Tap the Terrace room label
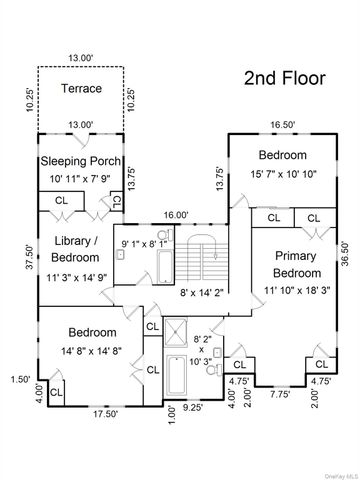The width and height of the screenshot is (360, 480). (81, 89)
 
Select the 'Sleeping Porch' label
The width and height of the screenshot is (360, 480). (80, 160)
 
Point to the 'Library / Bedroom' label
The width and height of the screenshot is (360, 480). (75, 250)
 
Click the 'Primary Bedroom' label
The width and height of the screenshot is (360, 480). (297, 266)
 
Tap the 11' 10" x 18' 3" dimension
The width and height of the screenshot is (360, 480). (297, 290)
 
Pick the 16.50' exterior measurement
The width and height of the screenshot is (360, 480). (285, 125)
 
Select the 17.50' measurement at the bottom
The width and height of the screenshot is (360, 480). (92, 412)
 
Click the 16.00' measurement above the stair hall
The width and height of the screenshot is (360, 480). (176, 214)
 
